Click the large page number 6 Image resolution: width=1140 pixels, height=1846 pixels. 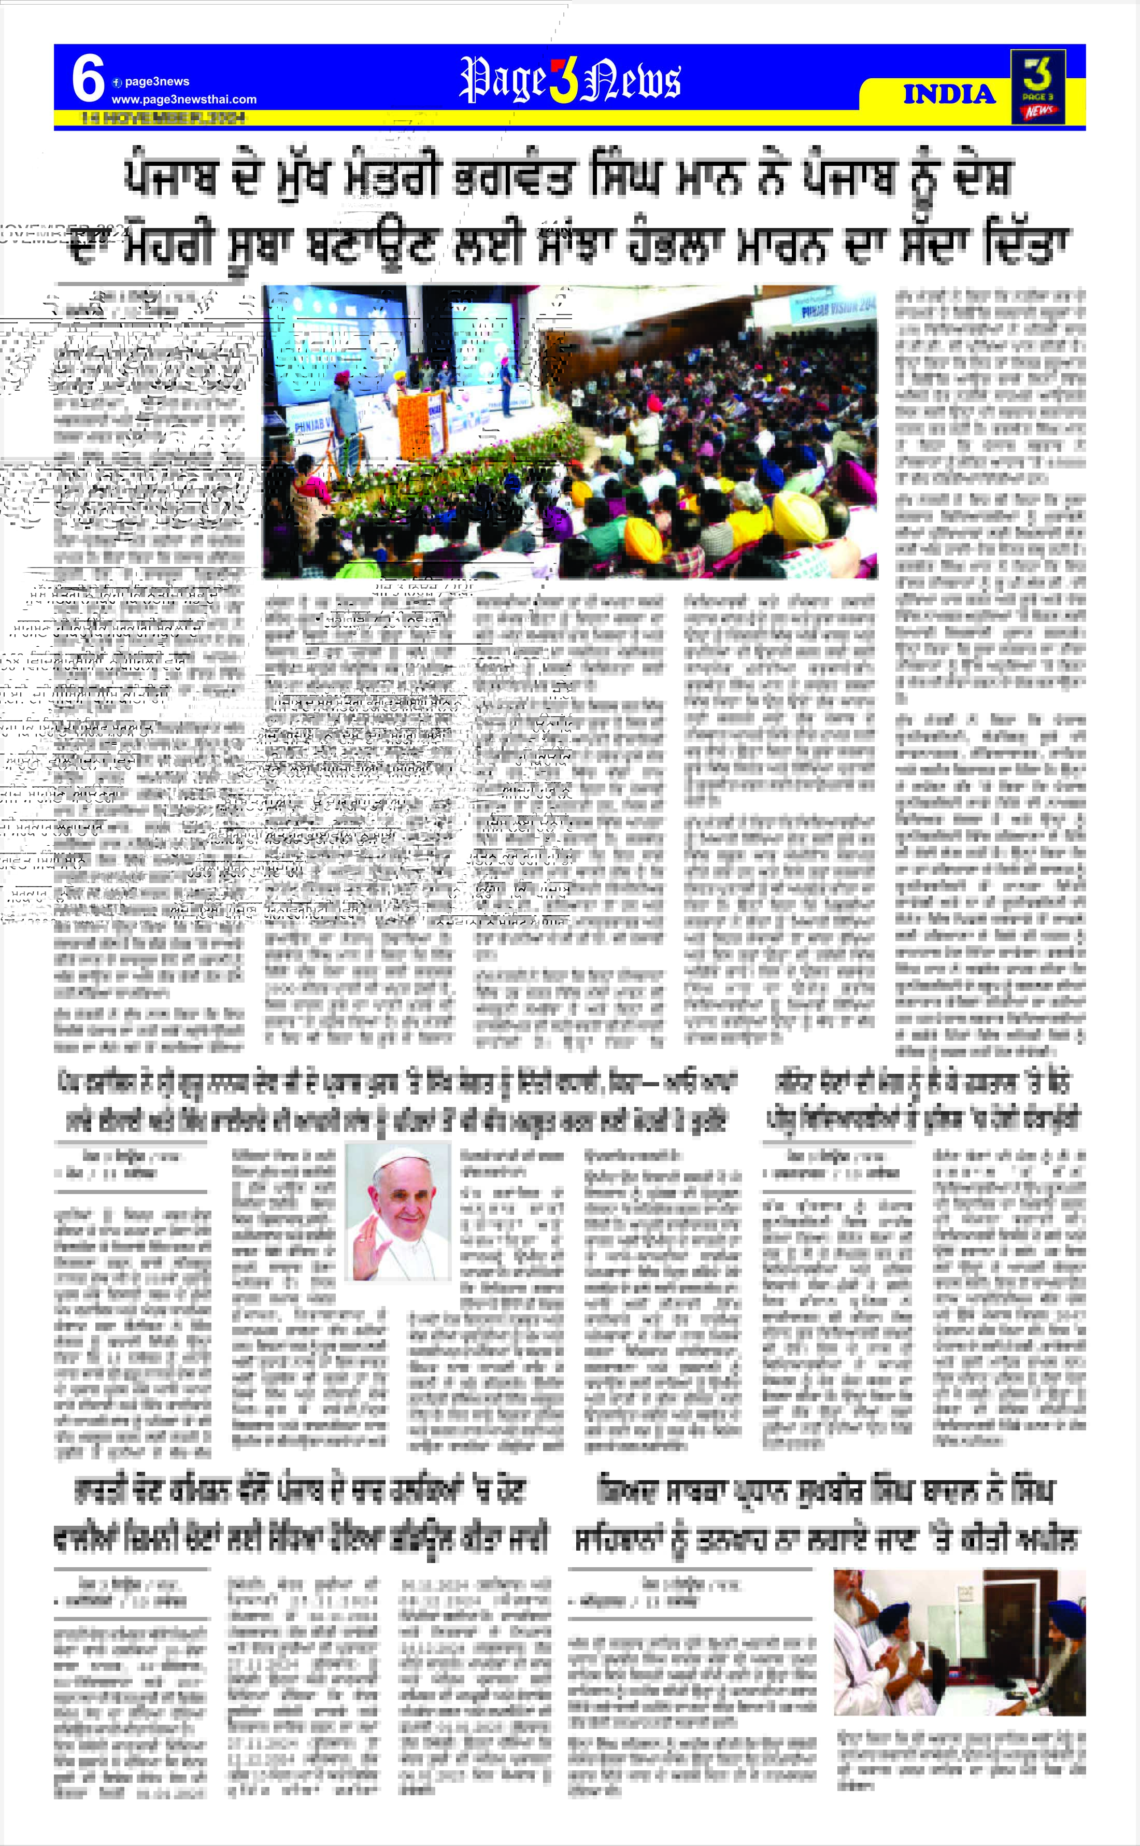coord(88,79)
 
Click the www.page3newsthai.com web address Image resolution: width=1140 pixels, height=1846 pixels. coord(184,100)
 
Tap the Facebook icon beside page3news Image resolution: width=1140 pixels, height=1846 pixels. coord(117,82)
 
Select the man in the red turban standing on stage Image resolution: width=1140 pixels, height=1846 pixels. coord(343,407)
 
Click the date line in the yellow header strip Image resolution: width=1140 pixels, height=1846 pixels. coord(163,118)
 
